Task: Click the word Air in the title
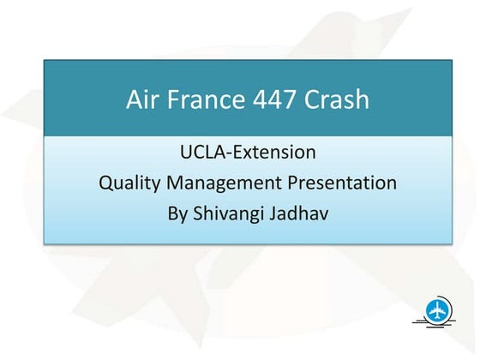[x=142, y=100]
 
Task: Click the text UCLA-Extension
[x=248, y=153]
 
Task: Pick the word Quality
[x=129, y=183]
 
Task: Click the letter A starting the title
[x=134, y=100]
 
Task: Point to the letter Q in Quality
[x=106, y=183]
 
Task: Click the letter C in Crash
[x=315, y=100]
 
